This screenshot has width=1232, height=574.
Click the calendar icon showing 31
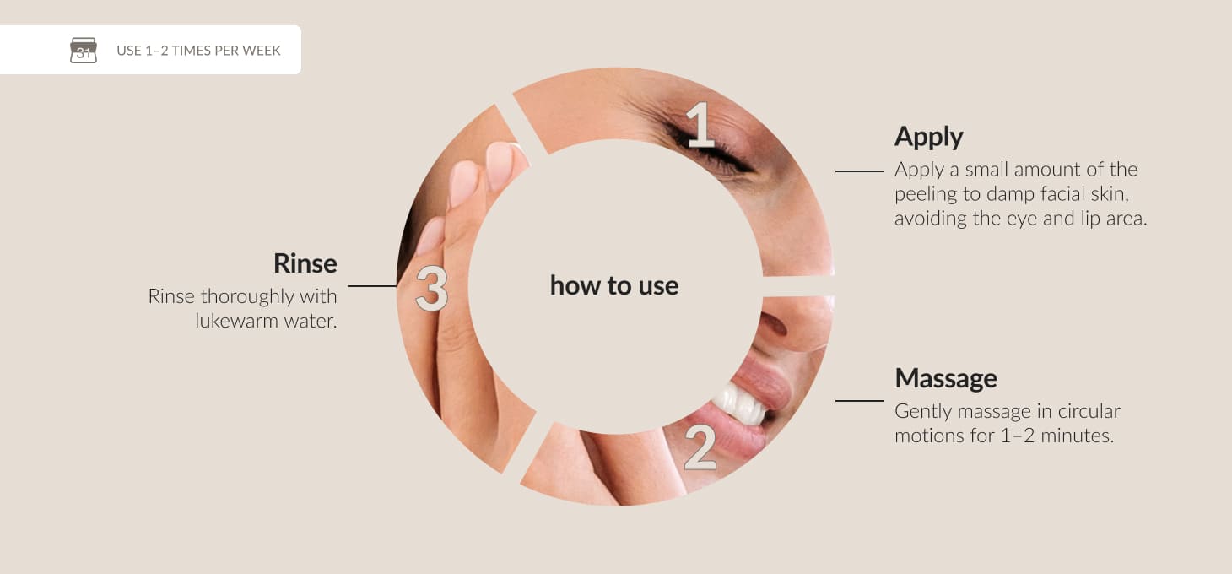click(84, 50)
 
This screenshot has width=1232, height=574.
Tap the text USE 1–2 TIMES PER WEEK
click(198, 51)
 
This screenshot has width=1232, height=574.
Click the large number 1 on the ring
click(700, 125)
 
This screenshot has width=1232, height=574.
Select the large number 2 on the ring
click(700, 448)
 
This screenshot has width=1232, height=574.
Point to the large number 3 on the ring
click(432, 289)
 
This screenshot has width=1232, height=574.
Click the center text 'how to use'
click(614, 285)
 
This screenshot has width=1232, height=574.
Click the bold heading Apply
click(929, 137)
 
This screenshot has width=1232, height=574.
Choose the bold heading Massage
click(946, 378)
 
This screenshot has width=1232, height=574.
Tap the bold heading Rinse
click(305, 263)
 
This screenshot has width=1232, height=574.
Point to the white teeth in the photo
click(741, 404)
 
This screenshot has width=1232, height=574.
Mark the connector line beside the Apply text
click(860, 171)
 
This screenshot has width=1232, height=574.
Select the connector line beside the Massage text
click(860, 401)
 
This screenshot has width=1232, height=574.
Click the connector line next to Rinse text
click(372, 285)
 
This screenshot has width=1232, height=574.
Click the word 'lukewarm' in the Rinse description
click(236, 321)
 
